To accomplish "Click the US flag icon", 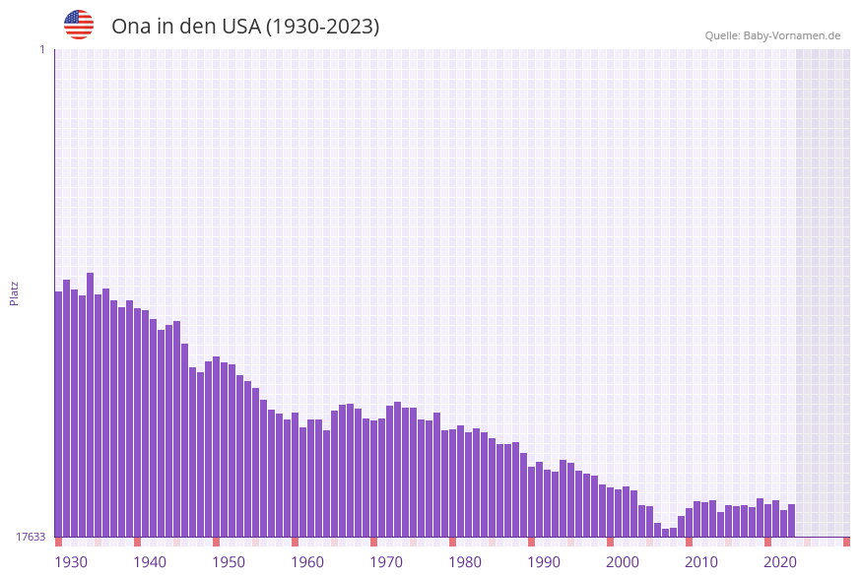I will (x=79, y=25).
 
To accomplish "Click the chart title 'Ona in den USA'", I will (x=244, y=27).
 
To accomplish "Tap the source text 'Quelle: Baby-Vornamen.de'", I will (x=772, y=35).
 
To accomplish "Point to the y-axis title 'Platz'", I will (x=14, y=292).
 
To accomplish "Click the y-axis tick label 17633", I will (x=31, y=537).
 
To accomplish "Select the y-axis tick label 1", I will (x=41, y=49).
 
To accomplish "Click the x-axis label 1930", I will (x=70, y=562).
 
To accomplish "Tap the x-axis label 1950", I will (x=228, y=562).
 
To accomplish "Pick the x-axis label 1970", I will (x=385, y=562).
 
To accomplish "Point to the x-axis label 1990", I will (x=543, y=562).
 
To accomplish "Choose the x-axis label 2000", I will (x=622, y=562).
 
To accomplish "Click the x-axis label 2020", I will (x=779, y=562).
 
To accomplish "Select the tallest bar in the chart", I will (x=90, y=404).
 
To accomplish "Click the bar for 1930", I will (x=58, y=414).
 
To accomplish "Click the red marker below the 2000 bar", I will (x=610, y=542).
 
